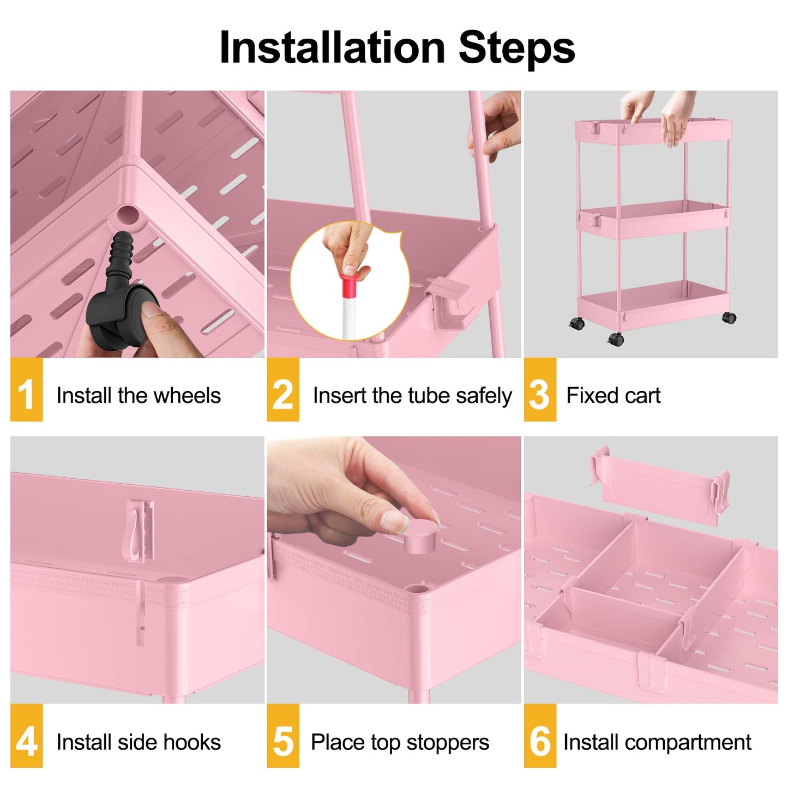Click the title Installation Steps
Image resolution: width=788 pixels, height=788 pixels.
396,48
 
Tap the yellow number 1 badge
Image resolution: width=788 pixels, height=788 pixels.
26,390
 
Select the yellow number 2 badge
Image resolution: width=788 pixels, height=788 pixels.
282,390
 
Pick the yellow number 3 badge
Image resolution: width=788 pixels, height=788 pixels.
539,390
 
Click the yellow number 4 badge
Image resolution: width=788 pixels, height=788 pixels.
26,736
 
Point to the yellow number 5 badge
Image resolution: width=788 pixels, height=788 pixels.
282,736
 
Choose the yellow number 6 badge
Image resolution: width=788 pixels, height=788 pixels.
539,736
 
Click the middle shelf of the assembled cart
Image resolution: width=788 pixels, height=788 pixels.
653,218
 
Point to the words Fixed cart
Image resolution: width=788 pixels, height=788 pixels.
613,395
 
